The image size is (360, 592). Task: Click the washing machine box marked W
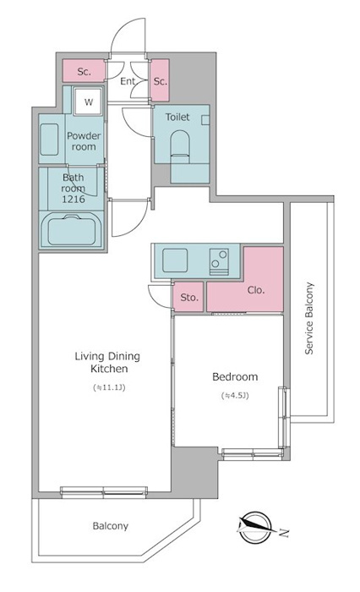point(88,101)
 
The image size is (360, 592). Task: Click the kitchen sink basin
point(175,260)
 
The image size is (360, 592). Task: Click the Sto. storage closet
point(188,297)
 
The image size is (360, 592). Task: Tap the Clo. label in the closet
point(256,290)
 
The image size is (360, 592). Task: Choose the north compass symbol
point(254,527)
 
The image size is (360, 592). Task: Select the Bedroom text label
point(235,376)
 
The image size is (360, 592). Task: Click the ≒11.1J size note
point(109,387)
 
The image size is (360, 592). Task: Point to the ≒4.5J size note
point(235,396)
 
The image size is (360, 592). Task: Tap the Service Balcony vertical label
point(309,318)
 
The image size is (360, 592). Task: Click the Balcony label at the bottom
point(110,526)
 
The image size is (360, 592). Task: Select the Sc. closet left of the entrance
point(84,70)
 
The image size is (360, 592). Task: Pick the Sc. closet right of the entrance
point(160,80)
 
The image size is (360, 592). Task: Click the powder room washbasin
point(49,140)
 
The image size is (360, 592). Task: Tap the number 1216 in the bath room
point(74,199)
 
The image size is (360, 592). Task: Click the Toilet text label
point(177,117)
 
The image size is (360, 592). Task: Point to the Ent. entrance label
point(128,81)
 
